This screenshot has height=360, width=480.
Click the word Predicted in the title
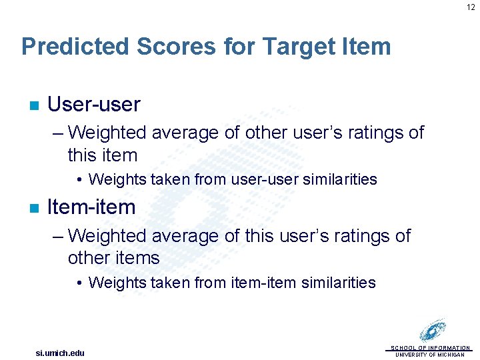point(75,47)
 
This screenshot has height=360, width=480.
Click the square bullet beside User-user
point(33,105)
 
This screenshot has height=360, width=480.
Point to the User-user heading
point(94,104)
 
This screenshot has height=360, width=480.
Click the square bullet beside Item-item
point(33,208)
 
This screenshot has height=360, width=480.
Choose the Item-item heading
point(91,207)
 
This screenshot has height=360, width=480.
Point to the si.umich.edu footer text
point(60,353)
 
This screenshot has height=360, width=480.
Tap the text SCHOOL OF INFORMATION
point(430,348)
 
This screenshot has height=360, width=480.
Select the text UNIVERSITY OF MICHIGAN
point(430,355)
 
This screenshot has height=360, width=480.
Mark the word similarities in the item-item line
point(339,283)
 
